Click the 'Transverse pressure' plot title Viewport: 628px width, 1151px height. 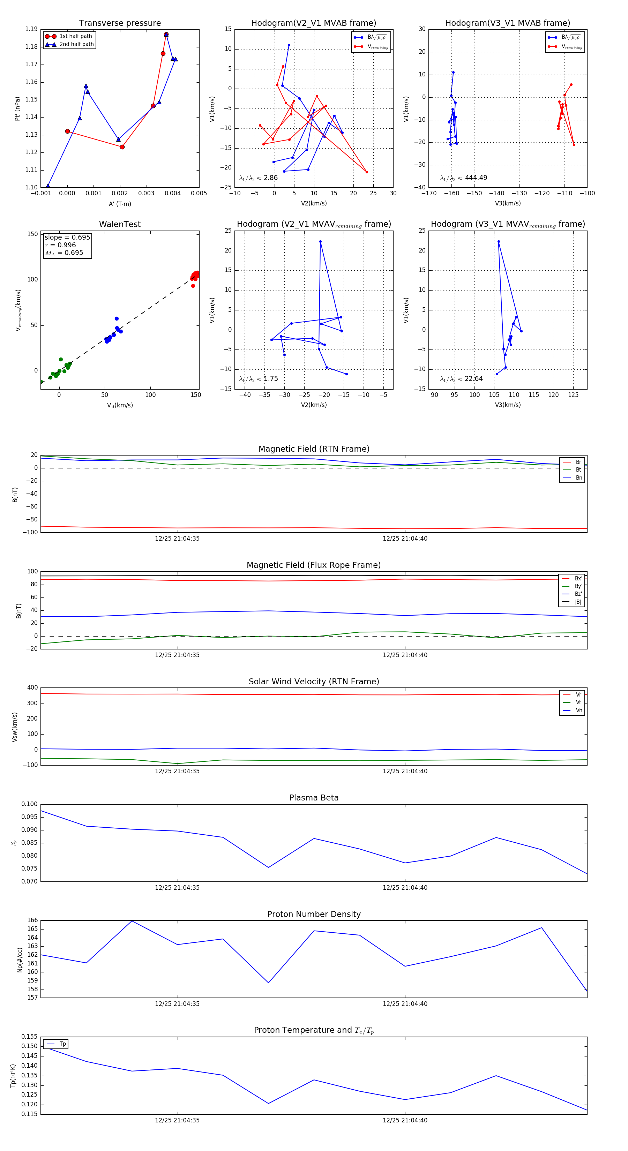(x=120, y=23)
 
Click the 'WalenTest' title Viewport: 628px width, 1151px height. (x=120, y=224)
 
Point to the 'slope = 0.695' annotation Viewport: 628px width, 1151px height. (x=67, y=237)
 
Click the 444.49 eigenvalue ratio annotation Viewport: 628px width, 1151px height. (x=464, y=178)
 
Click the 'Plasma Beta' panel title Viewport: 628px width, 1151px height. (x=314, y=798)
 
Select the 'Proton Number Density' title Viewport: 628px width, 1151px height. (x=314, y=914)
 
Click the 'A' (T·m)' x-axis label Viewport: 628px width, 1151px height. (x=120, y=204)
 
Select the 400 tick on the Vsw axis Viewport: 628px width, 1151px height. (x=32, y=688)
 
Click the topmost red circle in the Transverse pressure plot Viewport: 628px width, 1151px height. (x=166, y=35)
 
